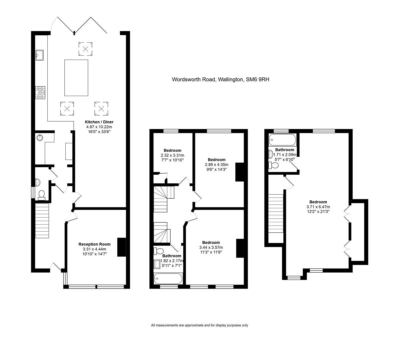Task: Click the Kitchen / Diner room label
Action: click(x=99, y=122)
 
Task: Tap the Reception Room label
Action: click(x=94, y=244)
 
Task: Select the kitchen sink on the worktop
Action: click(x=39, y=55)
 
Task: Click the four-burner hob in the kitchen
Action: click(x=40, y=93)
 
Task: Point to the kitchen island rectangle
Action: click(x=76, y=78)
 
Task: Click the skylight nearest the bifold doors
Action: click(x=85, y=49)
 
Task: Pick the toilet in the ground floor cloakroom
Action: click(x=42, y=195)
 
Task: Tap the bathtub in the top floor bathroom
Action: click(x=282, y=140)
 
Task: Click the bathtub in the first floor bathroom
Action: click(x=168, y=279)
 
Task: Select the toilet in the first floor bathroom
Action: click(x=159, y=251)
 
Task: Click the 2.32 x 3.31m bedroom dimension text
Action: click(x=173, y=155)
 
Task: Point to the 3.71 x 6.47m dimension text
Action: click(x=318, y=207)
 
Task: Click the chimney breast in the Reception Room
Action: click(x=122, y=247)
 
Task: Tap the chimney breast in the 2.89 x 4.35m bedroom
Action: click(x=240, y=172)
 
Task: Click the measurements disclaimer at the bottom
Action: click(x=199, y=325)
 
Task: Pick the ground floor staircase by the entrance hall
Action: click(x=42, y=221)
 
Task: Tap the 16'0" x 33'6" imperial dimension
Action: click(x=99, y=132)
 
